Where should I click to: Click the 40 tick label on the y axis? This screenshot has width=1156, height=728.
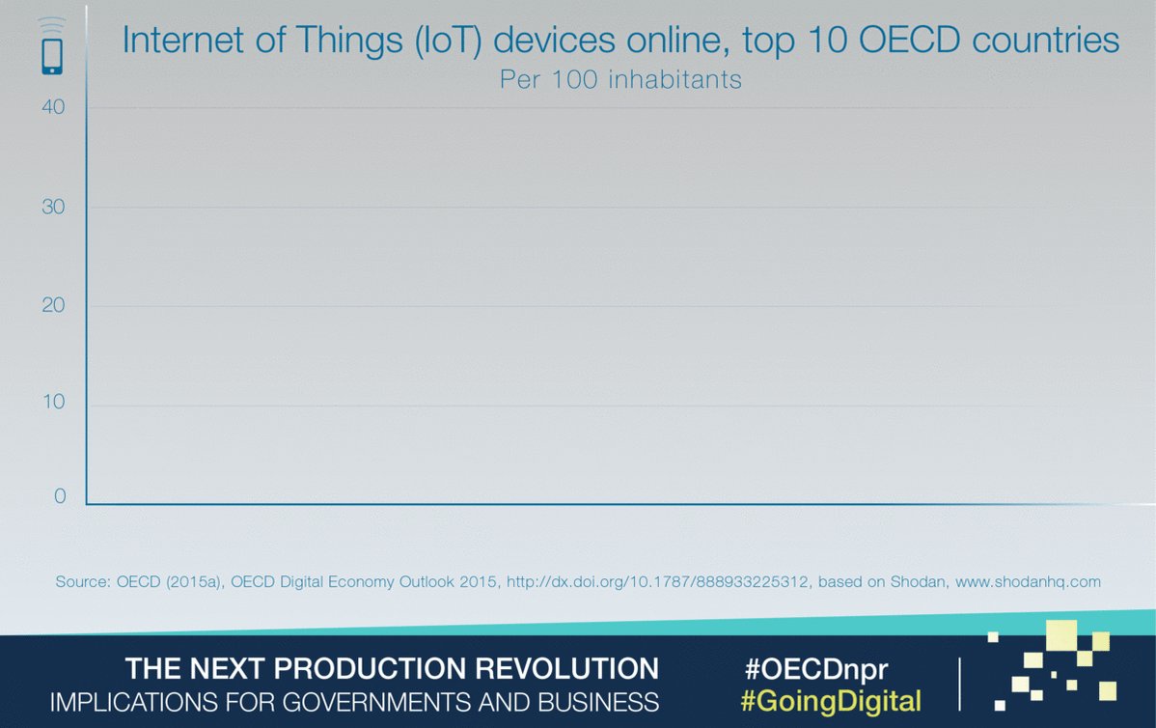53,107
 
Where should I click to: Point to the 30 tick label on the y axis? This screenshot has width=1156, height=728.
53,207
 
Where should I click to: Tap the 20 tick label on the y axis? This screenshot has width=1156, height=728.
53,305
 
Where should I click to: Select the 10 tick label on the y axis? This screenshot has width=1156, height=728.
54,402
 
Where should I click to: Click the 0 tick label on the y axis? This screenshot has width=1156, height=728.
60,495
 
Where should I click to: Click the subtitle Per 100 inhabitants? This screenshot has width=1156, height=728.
620,80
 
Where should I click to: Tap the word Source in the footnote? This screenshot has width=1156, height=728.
83,581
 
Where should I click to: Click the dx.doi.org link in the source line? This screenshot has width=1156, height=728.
657,581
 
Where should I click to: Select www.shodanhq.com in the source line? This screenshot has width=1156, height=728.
1028,581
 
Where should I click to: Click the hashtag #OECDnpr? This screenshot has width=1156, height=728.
816,669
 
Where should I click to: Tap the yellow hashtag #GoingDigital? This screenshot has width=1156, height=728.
831,701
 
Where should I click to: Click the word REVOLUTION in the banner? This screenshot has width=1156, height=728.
566,668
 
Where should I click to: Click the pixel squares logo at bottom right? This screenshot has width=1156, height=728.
1052,665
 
